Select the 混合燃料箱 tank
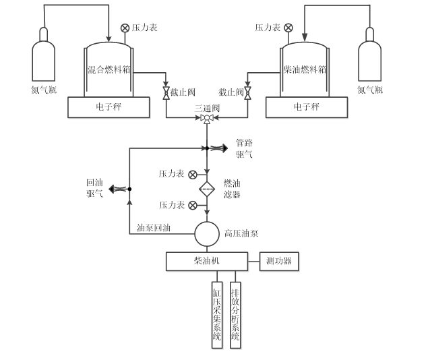[109, 71]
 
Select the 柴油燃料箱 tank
[305, 71]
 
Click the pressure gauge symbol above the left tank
[125, 28]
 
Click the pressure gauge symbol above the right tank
[288, 28]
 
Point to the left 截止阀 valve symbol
[166, 92]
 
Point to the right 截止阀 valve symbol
[247, 92]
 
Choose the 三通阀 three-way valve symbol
[207, 119]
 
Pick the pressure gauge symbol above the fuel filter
[193, 175]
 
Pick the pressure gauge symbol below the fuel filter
[193, 205]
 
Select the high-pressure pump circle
[207, 235]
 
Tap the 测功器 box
[279, 261]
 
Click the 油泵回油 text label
[153, 228]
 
